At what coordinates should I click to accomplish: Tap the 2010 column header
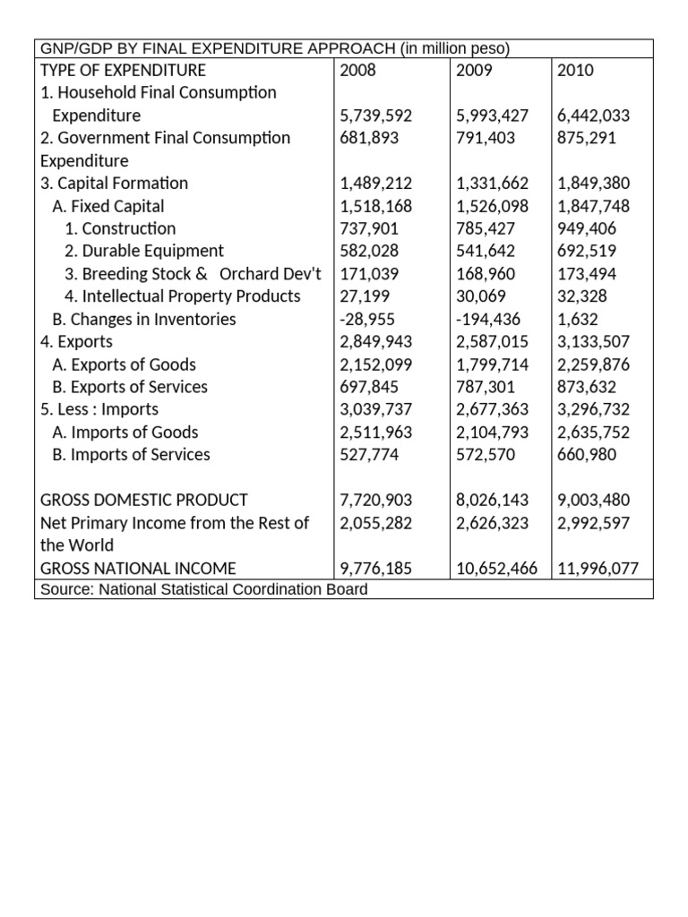(575, 70)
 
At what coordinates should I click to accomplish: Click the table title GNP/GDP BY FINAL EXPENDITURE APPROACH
(276, 47)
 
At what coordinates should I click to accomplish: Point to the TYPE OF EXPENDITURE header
(124, 70)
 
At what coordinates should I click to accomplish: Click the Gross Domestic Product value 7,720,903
(376, 500)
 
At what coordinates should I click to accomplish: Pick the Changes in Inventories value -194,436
(489, 319)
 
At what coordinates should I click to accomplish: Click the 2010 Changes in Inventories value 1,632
(575, 319)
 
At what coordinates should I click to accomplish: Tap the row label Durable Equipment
(144, 251)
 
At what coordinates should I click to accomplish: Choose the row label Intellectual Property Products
(183, 296)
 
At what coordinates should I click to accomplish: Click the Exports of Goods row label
(124, 364)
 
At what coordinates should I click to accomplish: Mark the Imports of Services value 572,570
(486, 454)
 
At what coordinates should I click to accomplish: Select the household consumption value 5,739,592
(376, 116)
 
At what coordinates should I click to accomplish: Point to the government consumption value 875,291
(587, 138)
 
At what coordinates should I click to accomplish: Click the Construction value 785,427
(486, 228)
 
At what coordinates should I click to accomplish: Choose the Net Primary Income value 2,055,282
(376, 522)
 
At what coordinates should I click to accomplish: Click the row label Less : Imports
(99, 409)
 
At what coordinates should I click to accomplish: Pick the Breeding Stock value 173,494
(587, 274)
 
